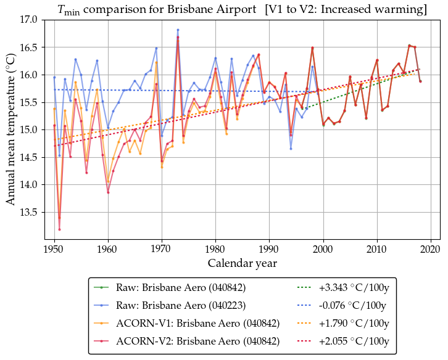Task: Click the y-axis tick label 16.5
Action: click(x=27, y=47)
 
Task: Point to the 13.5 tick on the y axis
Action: click(x=27, y=212)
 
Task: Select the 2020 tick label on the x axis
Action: click(x=430, y=248)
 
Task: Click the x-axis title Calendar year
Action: click(x=242, y=263)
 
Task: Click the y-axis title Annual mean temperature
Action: click(x=10, y=129)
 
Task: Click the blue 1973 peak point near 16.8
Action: click(x=178, y=30)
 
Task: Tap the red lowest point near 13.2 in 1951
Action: click(x=59, y=229)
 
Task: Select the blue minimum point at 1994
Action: click(x=291, y=149)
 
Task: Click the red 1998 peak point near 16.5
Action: click(x=312, y=48)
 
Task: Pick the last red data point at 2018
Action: click(x=420, y=81)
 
